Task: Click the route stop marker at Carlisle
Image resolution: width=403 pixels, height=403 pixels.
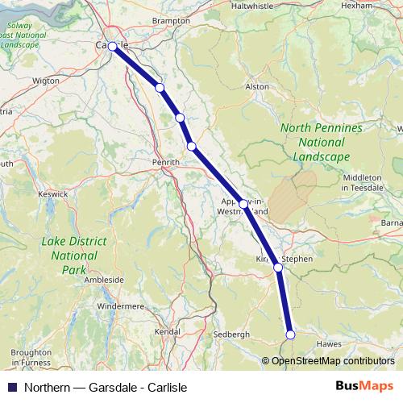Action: [113, 47]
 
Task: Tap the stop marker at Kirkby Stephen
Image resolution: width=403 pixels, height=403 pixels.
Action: [278, 267]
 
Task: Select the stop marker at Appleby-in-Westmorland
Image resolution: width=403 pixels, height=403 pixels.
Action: [243, 204]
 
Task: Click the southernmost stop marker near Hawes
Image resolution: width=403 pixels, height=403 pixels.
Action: [291, 334]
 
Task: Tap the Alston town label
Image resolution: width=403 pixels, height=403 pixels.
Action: [256, 85]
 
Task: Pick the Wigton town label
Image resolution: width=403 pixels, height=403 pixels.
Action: [46, 81]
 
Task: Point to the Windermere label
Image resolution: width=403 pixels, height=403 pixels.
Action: [118, 306]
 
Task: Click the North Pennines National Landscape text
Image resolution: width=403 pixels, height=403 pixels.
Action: [321, 142]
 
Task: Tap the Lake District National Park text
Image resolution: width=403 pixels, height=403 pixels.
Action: [74, 255]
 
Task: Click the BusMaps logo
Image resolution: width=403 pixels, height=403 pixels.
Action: [365, 386]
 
